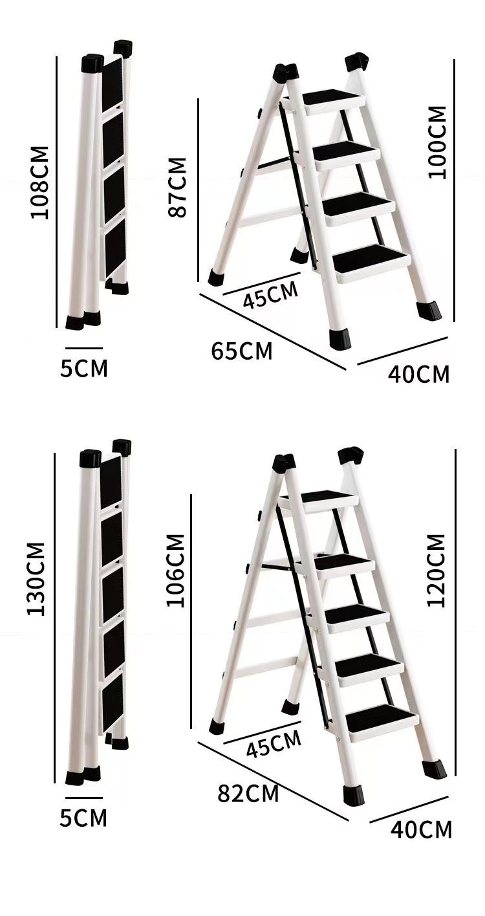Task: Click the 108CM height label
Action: pos(40,182)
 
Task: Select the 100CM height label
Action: pos(437,142)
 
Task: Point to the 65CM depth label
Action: pos(241,351)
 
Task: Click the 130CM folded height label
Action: pos(37,578)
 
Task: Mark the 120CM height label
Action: pos(436,570)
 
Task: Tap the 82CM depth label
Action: pos(248,793)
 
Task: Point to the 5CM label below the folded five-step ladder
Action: pos(83,818)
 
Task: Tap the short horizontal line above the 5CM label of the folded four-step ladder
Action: pos(83,349)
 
